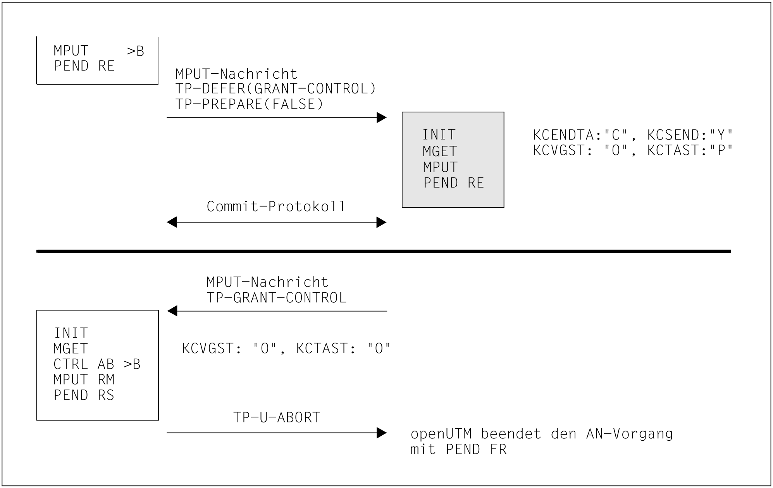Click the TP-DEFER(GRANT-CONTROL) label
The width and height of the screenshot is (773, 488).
(275, 89)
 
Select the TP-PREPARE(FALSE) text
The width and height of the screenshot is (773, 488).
(249, 104)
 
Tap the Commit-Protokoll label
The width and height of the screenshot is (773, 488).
(275, 207)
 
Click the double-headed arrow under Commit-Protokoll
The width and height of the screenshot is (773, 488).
(276, 222)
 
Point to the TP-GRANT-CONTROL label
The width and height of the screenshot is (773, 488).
(276, 298)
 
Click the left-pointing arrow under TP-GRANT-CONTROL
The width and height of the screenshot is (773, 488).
(276, 311)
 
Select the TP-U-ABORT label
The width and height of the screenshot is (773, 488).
(276, 417)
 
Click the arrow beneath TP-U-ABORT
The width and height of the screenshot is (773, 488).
(276, 433)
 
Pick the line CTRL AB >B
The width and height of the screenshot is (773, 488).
(97, 364)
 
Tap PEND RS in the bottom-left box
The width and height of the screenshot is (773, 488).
(84, 395)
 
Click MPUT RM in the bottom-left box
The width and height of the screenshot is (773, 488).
(84, 379)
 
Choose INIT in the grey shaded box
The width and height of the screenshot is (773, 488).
(439, 135)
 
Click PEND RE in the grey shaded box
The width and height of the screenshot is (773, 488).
(453, 183)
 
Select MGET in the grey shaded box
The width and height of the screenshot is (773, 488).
(440, 151)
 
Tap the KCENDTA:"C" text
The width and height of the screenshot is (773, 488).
(580, 135)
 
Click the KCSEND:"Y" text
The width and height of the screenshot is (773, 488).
(690, 135)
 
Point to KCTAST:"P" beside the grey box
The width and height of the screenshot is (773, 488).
(690, 150)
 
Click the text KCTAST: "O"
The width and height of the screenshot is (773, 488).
(343, 348)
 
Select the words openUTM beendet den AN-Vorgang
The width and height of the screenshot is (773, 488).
(541, 434)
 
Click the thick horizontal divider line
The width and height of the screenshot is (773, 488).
(384, 251)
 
